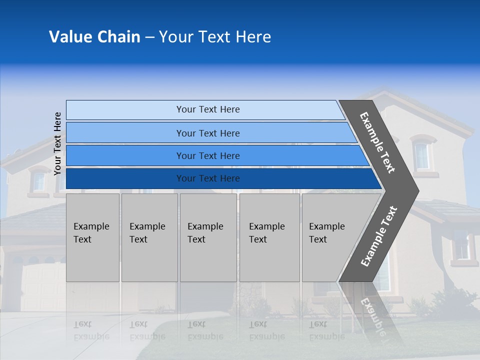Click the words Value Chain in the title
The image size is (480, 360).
(94, 37)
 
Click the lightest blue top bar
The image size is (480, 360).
(205, 109)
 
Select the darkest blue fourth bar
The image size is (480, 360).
(220, 178)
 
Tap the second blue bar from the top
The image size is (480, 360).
(210, 133)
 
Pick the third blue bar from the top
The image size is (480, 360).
(215, 155)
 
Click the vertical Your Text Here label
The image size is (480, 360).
(57, 143)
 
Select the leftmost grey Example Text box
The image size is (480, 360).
(92, 237)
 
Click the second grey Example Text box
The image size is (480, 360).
(149, 237)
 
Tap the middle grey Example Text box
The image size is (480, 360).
(208, 237)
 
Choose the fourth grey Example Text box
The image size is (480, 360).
(269, 237)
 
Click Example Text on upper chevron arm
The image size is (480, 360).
(377, 142)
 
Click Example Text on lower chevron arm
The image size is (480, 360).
(378, 236)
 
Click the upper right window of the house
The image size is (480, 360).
(421, 156)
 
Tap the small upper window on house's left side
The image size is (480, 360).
(39, 182)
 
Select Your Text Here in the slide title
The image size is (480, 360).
(215, 37)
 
